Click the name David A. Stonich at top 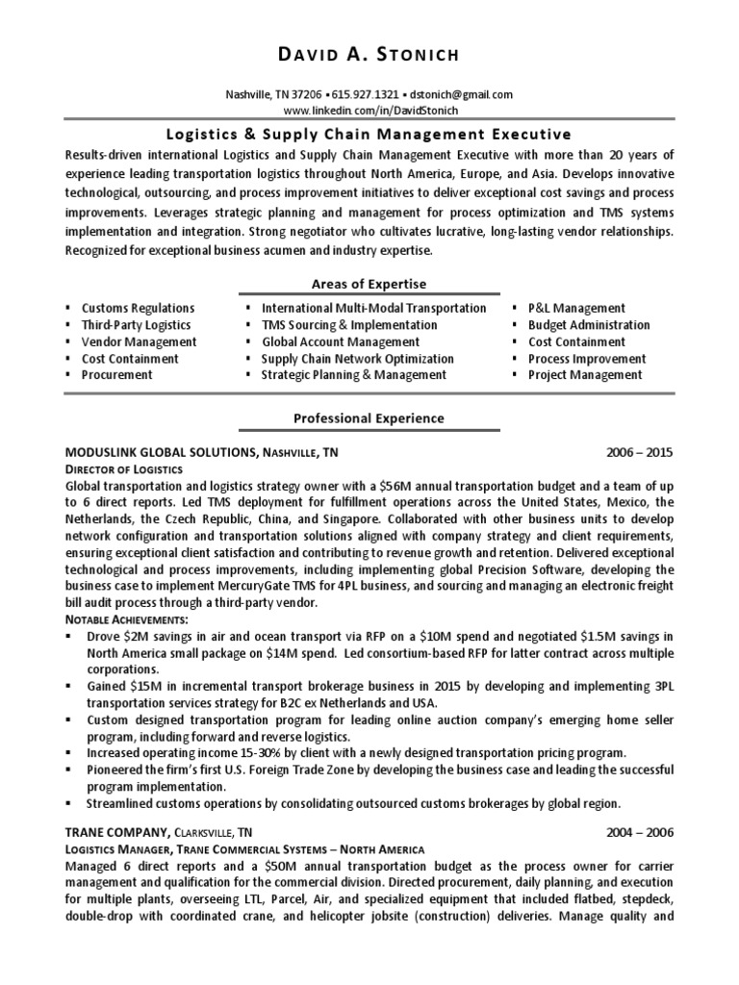(x=369, y=54)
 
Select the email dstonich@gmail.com (x=462, y=94)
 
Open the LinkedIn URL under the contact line (x=369, y=110)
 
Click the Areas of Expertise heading (x=369, y=284)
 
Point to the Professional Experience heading (x=369, y=418)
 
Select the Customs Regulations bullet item (x=138, y=308)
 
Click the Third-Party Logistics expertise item (x=136, y=325)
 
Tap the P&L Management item (x=576, y=308)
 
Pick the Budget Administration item (x=589, y=325)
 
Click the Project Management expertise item (x=585, y=375)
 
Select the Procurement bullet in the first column (x=116, y=375)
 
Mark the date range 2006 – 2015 (x=640, y=451)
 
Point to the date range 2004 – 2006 (x=640, y=831)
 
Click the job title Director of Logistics (x=123, y=467)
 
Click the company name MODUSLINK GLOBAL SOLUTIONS (x=159, y=451)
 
